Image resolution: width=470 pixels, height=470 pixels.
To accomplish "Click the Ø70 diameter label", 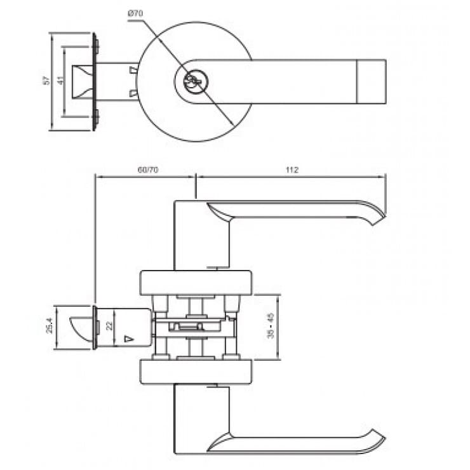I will click(x=137, y=13).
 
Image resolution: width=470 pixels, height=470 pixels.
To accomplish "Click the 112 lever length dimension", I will click(x=292, y=170).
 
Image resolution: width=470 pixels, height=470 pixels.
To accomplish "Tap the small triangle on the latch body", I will click(x=129, y=338).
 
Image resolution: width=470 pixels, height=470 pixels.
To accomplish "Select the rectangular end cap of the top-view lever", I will click(x=373, y=81).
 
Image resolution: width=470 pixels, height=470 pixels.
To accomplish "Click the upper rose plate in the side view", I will click(x=196, y=283).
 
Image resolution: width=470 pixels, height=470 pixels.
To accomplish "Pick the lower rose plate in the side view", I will click(x=196, y=372).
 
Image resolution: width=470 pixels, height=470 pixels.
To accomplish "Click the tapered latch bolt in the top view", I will click(x=84, y=81).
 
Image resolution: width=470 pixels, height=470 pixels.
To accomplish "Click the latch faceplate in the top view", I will click(x=96, y=81).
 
